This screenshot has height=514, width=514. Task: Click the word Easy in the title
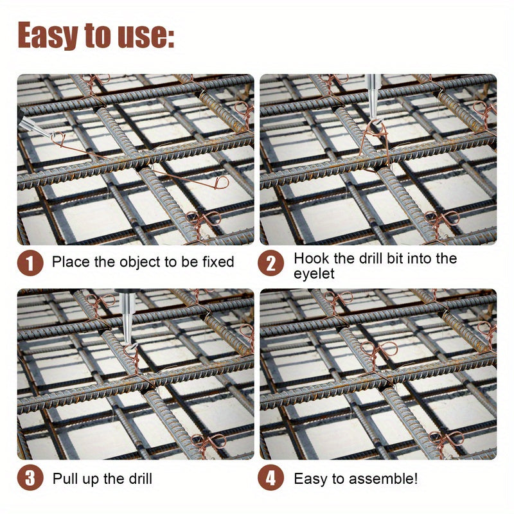click(48, 35)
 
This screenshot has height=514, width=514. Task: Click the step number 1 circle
click(30, 263)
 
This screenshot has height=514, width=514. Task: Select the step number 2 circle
click(270, 263)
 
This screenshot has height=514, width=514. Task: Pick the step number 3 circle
click(30, 477)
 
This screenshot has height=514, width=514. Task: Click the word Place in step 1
click(71, 262)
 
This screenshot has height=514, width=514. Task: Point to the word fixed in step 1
click(218, 262)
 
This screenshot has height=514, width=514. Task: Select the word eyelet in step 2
click(314, 274)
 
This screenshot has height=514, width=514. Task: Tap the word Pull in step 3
click(66, 479)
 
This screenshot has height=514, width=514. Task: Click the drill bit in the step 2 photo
click(373, 97)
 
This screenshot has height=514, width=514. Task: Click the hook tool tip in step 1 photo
click(53, 135)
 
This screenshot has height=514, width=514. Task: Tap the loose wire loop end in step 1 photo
click(222, 182)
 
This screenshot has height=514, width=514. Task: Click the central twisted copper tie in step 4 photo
click(378, 356)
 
